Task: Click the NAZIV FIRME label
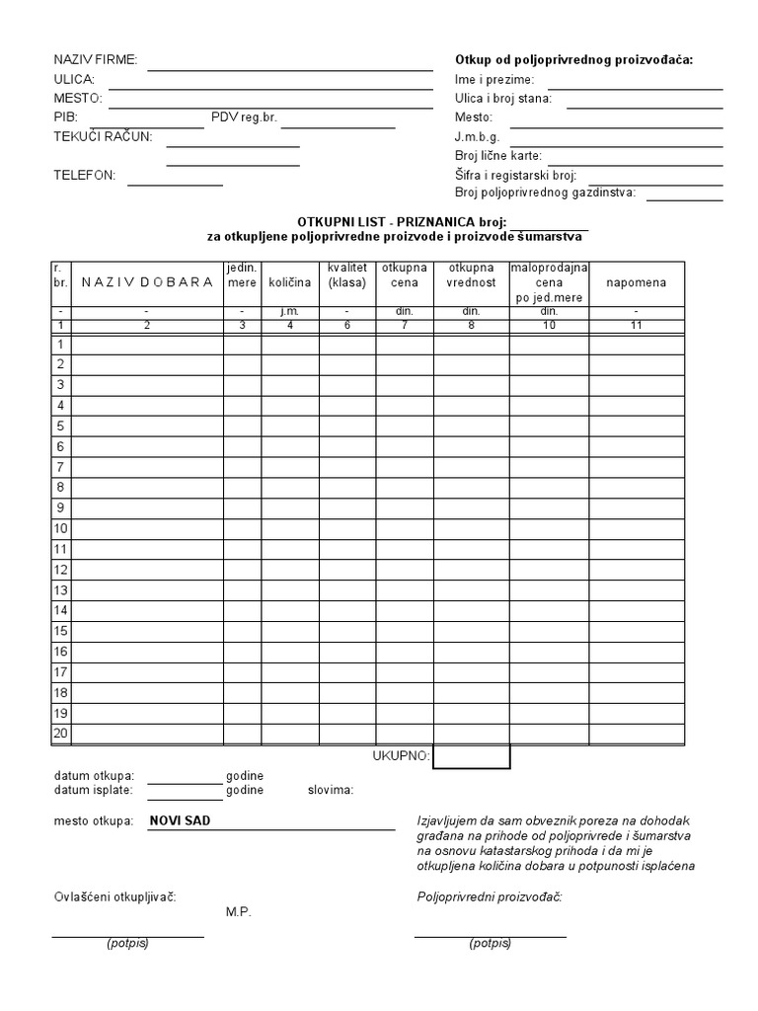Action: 95,60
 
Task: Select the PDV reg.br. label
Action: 244,117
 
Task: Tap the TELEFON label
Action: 84,176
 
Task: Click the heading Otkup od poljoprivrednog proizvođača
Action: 573,59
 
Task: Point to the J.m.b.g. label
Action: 478,136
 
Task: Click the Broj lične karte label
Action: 498,156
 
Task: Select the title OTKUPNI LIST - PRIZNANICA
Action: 401,223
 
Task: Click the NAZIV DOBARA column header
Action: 147,282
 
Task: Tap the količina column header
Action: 289,282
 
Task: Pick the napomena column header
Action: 636,282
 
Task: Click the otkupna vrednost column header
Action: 471,275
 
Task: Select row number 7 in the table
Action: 60,467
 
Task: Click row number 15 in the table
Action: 60,631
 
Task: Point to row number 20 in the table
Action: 60,734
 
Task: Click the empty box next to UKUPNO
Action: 471,756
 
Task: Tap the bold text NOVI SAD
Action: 180,820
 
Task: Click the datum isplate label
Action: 95,790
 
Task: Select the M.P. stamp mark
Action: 238,911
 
